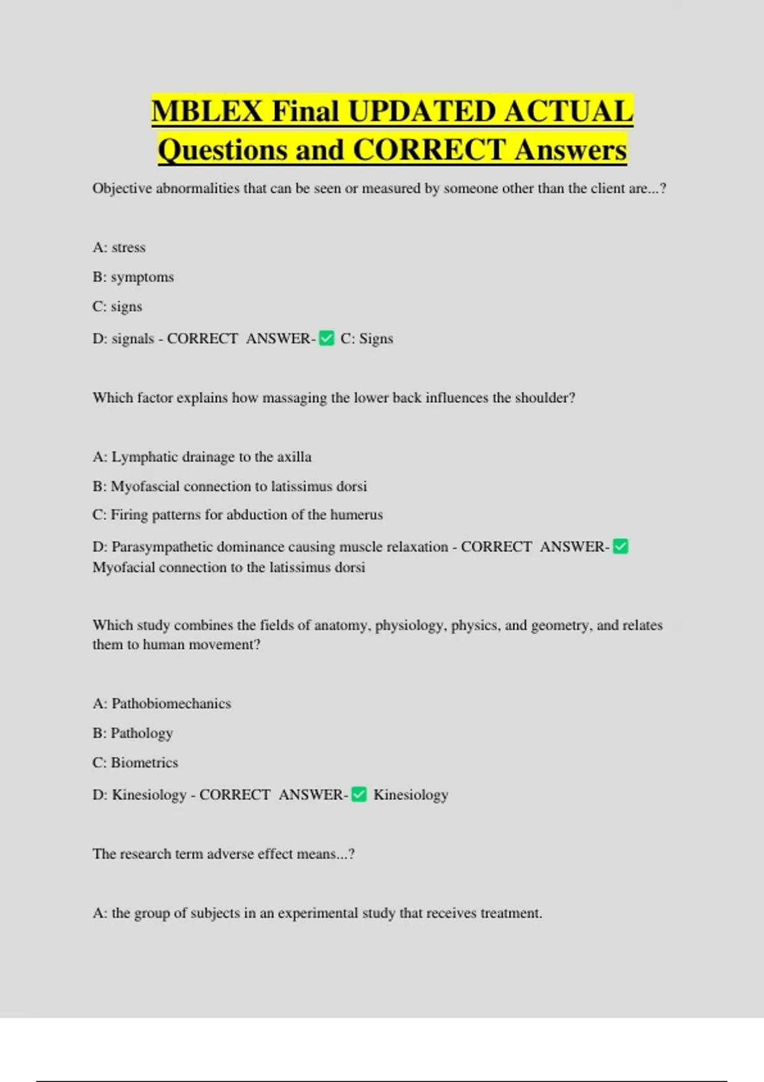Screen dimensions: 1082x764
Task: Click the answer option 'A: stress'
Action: [x=119, y=248]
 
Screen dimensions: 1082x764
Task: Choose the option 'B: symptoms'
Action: [x=133, y=278]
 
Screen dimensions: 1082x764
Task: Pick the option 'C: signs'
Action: [x=117, y=307]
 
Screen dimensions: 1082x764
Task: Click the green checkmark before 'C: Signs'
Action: [x=327, y=338]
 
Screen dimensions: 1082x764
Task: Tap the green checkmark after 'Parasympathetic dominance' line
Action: [x=620, y=546]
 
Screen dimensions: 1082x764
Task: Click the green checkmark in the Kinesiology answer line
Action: [x=359, y=794]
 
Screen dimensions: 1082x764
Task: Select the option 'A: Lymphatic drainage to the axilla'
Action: [x=202, y=457]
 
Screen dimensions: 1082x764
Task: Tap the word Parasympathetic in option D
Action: [x=162, y=547]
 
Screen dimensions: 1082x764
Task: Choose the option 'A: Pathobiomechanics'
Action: [x=162, y=704]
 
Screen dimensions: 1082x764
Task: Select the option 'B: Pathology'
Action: [x=132, y=733]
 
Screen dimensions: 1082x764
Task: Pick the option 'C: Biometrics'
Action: [x=135, y=762]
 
